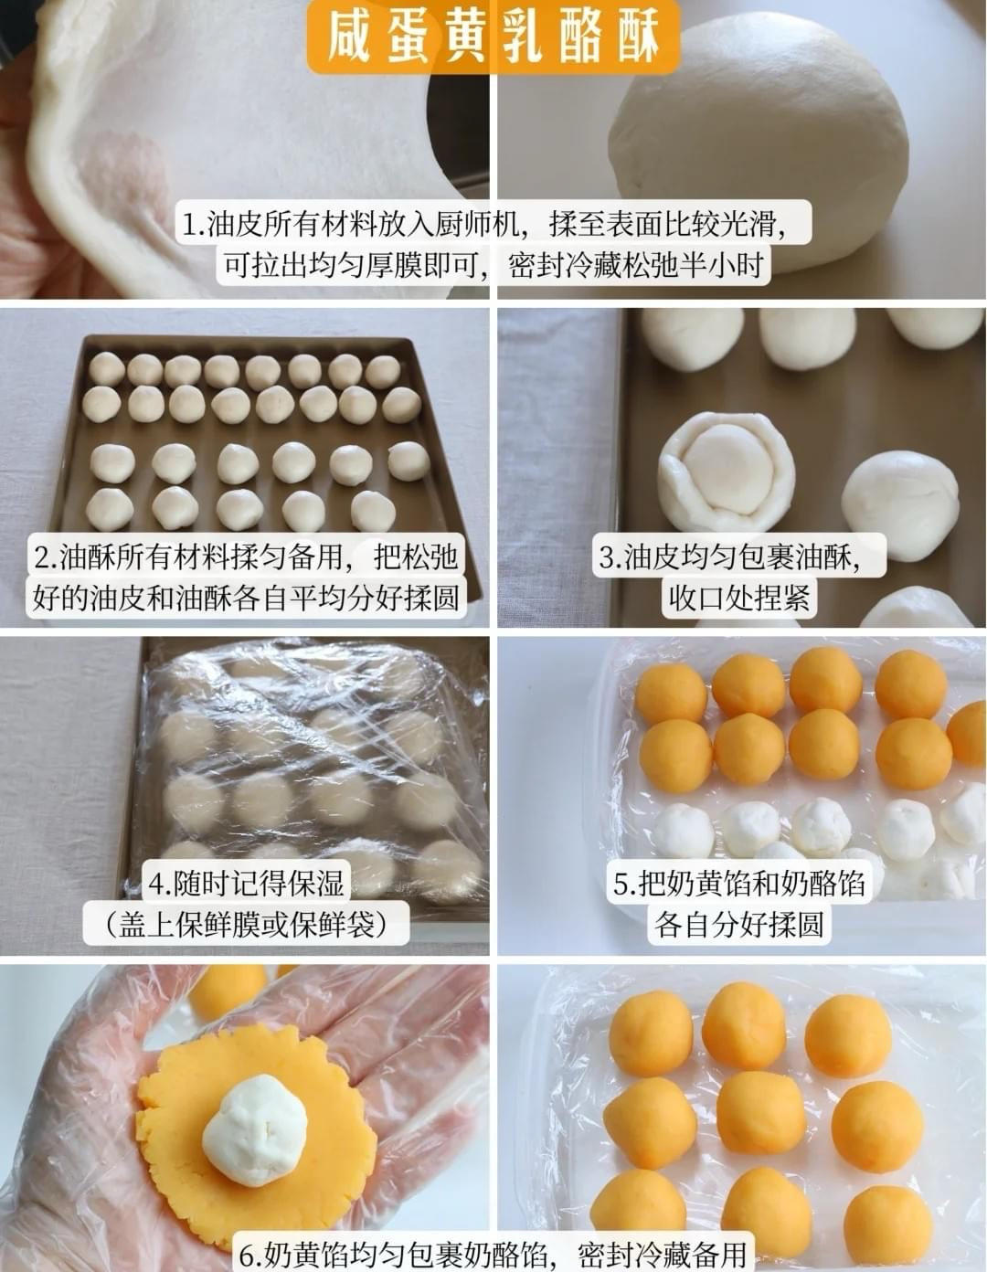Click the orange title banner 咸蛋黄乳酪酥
coord(493,37)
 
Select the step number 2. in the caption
coord(46,556)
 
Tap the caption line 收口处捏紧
coord(739,598)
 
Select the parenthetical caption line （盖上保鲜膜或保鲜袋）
coord(246,925)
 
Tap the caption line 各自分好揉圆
coord(738,925)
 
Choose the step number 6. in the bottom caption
coord(251,1254)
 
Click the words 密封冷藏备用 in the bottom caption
coord(662,1254)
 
